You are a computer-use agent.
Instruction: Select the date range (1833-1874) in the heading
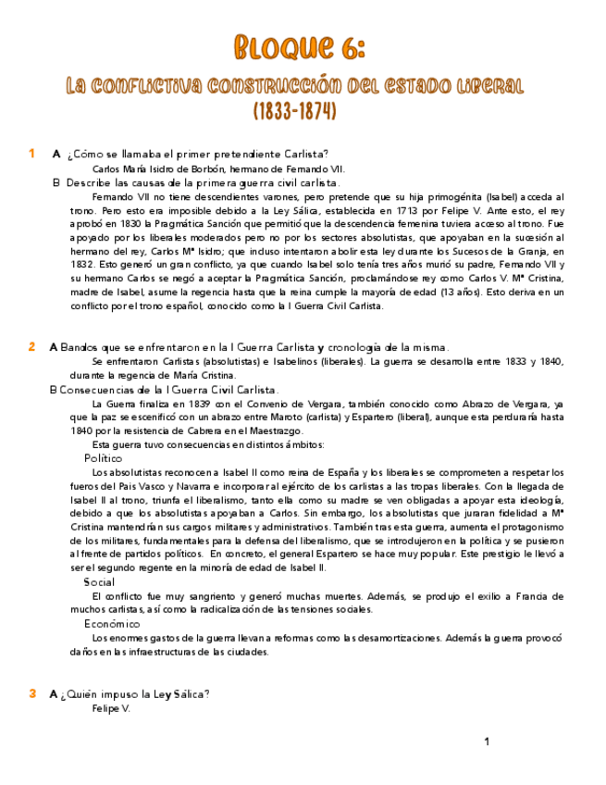coord(294,111)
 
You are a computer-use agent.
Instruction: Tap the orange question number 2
coord(31,347)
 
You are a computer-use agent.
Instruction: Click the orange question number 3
coord(31,693)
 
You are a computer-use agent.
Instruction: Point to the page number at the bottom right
coord(487,741)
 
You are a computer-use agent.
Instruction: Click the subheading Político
coord(103,458)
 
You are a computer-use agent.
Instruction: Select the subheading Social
coord(99,582)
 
